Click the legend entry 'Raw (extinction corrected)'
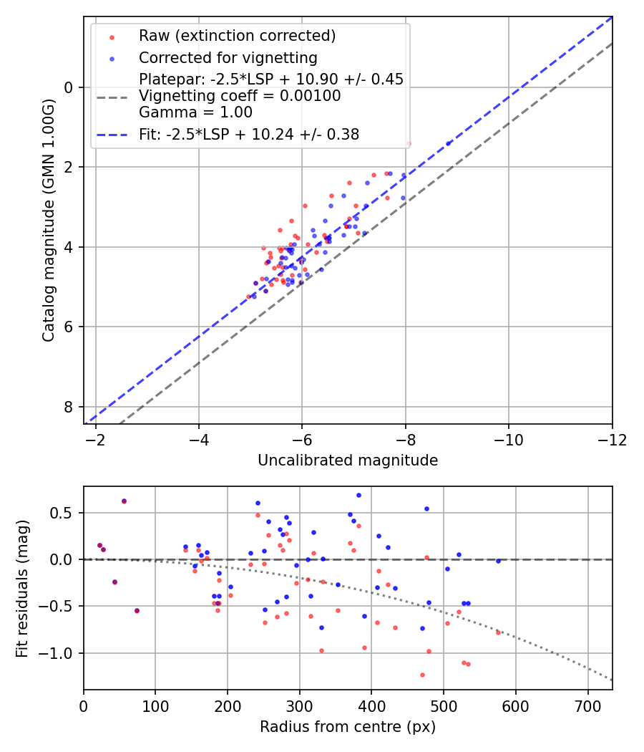coord(237,36)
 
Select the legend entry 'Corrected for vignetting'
coord(228,57)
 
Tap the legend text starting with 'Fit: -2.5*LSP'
coord(249,134)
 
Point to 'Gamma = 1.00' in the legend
coord(195,112)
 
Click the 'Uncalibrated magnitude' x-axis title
coord(348,461)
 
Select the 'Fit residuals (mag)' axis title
coord(22,588)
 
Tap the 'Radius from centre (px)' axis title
coord(348,727)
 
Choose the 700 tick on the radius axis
coord(587,706)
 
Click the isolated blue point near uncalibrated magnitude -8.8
coord(449,143)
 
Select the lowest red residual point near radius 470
coord(422,675)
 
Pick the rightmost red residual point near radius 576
coord(498,632)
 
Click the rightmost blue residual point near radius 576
coord(498,561)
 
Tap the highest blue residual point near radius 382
coord(358,495)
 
